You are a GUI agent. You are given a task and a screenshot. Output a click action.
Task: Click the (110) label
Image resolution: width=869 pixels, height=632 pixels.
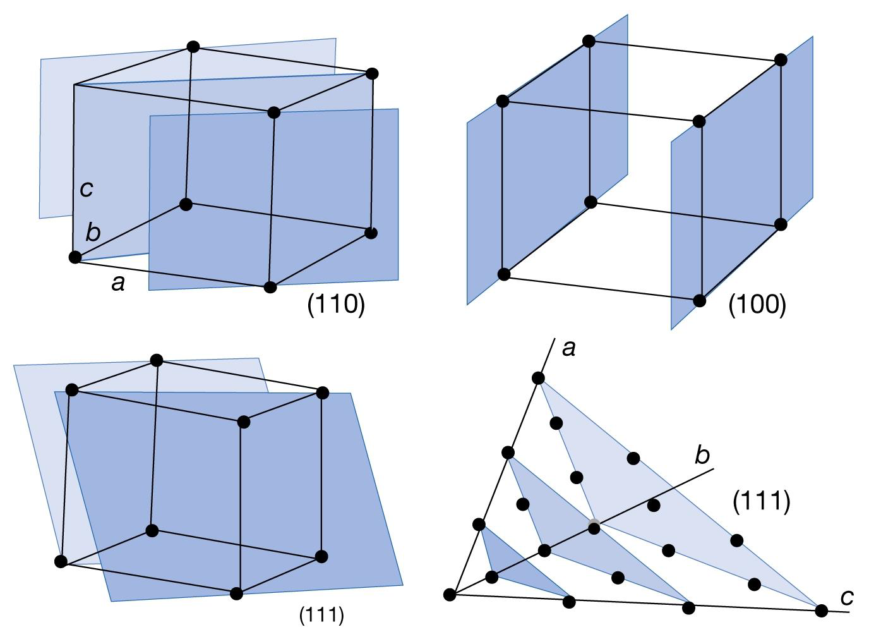[336, 305]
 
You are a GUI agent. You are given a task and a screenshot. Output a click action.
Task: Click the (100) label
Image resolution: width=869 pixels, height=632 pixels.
[757, 305]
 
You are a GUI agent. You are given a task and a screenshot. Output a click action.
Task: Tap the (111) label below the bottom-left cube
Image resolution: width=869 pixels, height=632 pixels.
[321, 615]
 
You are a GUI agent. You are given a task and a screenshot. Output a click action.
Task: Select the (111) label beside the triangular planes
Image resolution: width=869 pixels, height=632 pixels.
[761, 501]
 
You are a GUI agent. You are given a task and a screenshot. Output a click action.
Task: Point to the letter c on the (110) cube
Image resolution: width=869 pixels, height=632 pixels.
[87, 188]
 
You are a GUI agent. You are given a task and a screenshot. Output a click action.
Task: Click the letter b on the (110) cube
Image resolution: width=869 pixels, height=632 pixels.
[93, 233]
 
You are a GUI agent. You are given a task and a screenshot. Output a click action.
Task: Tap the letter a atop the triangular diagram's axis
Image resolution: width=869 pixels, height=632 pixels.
[568, 348]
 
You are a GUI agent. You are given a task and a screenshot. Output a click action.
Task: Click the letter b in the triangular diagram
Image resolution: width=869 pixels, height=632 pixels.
[702, 455]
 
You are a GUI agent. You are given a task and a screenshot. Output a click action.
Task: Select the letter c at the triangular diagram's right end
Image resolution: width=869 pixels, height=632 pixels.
[847, 597]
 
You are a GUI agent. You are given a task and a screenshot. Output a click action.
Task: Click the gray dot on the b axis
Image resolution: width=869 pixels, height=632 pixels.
[594, 524]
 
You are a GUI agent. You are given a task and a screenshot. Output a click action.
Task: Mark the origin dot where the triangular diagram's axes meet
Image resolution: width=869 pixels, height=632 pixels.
[450, 595]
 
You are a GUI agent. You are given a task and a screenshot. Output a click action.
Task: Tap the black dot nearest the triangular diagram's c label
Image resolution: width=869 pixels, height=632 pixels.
[821, 611]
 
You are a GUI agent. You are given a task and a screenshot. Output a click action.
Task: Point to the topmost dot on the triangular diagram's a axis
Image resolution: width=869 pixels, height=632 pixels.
[538, 378]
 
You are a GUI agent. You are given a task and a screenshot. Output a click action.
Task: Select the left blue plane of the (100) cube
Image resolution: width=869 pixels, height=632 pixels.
[547, 158]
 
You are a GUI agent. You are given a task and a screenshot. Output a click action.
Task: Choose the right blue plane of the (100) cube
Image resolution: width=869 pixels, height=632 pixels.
[742, 183]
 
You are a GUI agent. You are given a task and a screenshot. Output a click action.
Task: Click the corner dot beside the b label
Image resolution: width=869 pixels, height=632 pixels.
[75, 257]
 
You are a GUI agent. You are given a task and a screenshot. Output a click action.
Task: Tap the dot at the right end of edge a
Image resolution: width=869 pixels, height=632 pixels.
[270, 288]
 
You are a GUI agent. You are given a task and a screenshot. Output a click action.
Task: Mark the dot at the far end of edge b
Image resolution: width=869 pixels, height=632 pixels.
[186, 204]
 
